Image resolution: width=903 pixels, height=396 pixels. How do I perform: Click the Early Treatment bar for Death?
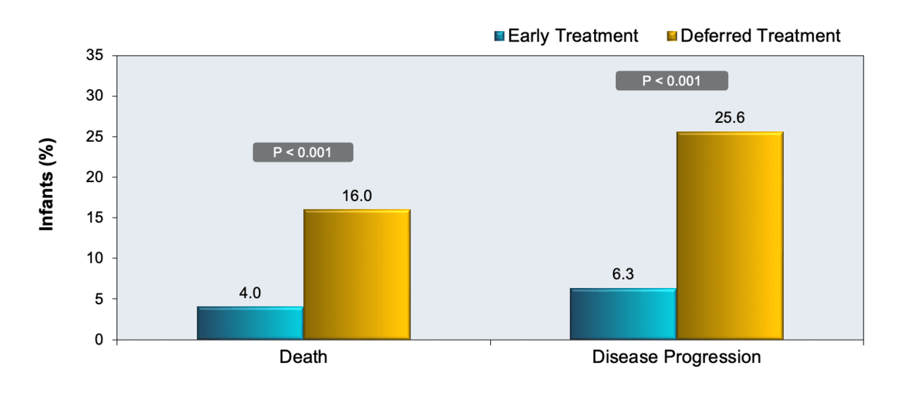250,323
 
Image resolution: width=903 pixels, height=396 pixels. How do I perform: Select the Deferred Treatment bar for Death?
357,274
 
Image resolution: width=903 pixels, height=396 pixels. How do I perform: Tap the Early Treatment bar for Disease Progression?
623,313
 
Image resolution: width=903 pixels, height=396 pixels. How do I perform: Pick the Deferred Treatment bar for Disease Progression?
730,236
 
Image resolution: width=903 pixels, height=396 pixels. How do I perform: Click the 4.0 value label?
250,293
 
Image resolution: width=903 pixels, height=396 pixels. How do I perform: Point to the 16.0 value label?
357,196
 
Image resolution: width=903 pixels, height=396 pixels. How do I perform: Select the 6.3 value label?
623,274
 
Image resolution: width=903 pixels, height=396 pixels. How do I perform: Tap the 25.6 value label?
729,117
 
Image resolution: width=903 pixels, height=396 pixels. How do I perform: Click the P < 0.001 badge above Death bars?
303,152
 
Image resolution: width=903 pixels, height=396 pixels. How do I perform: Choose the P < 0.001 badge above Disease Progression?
672,80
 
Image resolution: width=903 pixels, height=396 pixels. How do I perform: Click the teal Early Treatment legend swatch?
499,36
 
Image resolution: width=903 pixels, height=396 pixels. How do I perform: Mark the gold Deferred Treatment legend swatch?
672,36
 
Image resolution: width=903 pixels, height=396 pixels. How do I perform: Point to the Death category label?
303,357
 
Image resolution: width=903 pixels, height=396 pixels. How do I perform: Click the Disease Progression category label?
677,357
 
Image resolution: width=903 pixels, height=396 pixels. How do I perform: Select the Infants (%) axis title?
47,185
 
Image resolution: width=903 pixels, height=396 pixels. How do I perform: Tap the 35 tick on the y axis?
95,55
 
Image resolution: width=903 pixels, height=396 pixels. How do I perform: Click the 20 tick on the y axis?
95,177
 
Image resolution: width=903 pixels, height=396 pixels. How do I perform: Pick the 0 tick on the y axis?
99,340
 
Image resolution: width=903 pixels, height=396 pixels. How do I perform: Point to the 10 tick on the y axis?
95,258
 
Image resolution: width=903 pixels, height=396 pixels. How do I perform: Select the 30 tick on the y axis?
95,95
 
